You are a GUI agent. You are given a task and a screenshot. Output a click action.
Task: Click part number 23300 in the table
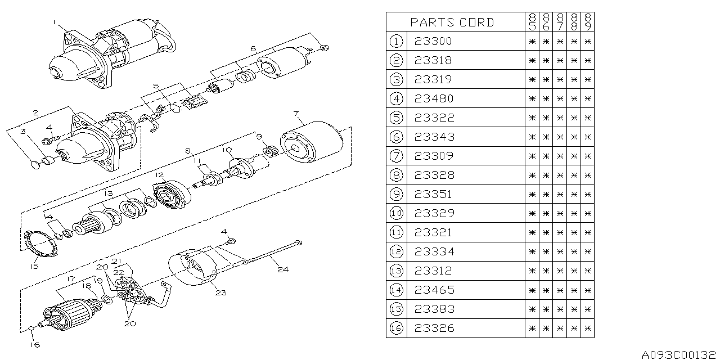433,41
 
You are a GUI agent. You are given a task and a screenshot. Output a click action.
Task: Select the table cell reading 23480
433,98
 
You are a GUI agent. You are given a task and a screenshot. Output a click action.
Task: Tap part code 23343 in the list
433,137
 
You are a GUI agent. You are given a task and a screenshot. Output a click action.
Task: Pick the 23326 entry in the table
433,328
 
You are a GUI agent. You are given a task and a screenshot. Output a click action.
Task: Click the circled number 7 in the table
396,156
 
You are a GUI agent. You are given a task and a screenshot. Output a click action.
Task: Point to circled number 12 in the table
396,251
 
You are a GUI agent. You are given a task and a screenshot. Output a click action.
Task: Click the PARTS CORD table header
452,22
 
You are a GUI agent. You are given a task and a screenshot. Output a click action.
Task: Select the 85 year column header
532,22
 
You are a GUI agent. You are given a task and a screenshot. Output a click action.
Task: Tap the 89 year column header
588,22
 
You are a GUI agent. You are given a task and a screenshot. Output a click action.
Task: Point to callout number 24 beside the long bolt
282,269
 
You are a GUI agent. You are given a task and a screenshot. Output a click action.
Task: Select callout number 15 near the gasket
34,266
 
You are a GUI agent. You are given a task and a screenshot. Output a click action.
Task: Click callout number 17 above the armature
70,278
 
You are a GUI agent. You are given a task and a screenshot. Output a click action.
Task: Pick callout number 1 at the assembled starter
55,22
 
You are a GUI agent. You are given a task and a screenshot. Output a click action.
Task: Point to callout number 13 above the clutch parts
109,193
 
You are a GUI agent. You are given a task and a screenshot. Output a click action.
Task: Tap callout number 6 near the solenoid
253,49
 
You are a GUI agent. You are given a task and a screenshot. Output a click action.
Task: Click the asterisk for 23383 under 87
560,309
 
